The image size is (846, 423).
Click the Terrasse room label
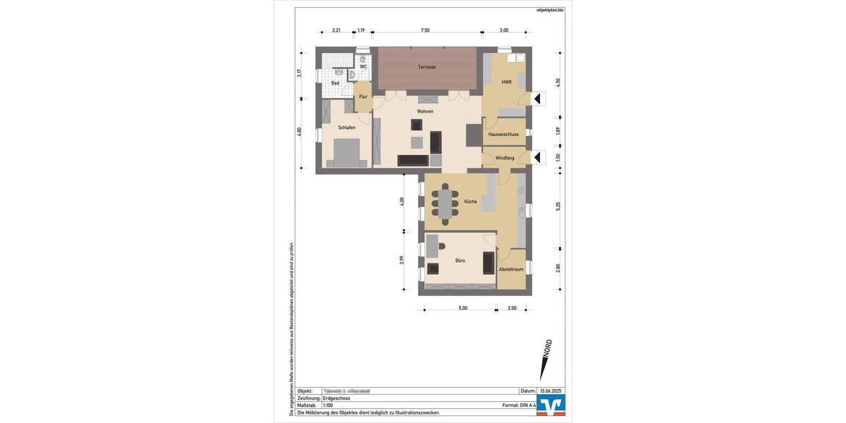427,67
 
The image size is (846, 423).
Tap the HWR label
506,82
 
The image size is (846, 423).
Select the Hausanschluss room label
503,134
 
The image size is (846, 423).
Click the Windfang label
505,158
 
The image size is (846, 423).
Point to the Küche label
470,202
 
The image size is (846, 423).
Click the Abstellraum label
510,270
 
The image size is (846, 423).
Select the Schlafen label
346,128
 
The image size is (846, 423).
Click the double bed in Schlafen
345,153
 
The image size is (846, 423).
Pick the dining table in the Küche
445,203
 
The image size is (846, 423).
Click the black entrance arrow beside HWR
539,99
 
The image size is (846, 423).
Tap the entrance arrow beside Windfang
539,157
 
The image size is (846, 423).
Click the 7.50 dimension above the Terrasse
425,30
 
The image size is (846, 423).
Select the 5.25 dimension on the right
558,206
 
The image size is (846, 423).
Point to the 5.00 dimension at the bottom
462,308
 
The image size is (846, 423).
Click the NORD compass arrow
546,360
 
